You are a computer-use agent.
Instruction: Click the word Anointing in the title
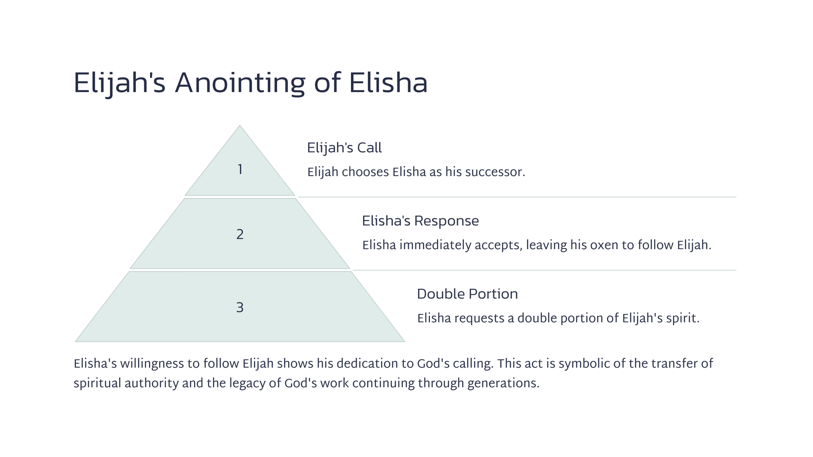pos(240,83)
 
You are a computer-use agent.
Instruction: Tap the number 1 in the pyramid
pos(240,170)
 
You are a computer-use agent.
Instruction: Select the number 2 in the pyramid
pos(240,235)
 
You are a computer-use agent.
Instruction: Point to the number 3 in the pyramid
pos(240,308)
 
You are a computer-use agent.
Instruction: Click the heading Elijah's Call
pos(344,148)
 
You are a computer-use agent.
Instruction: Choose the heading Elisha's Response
pos(420,221)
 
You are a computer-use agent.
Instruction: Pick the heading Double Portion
pos(467,294)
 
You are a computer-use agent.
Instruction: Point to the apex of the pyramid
pos(240,126)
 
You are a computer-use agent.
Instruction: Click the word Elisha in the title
pos(388,83)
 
